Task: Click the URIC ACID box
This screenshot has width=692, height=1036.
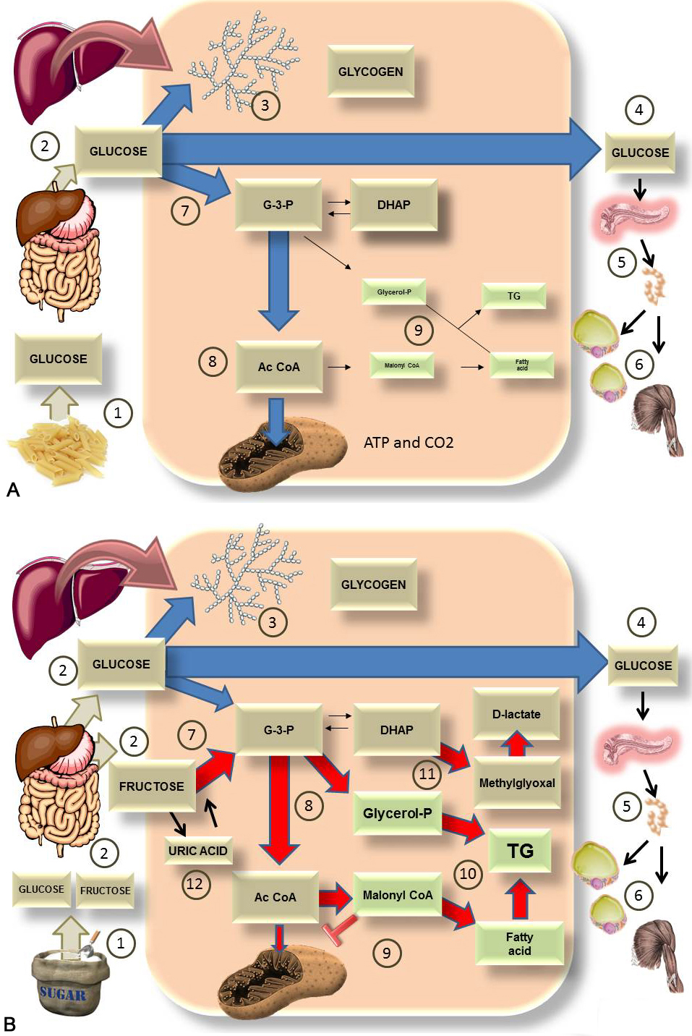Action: click(197, 851)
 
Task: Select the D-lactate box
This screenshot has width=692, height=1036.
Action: click(516, 714)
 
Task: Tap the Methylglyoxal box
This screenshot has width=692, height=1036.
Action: click(517, 783)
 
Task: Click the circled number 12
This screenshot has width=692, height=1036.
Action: click(195, 884)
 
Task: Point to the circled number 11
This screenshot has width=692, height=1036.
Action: click(427, 774)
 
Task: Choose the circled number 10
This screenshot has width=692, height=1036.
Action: click(468, 874)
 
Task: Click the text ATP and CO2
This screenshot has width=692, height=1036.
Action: click(409, 443)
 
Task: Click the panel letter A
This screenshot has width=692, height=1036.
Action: click(12, 490)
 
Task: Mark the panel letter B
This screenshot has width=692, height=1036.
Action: click(9, 1024)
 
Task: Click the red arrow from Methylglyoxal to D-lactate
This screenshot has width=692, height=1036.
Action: click(516, 744)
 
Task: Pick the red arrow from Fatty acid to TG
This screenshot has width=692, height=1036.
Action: click(520, 899)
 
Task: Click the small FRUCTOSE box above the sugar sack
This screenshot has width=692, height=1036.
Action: click(105, 891)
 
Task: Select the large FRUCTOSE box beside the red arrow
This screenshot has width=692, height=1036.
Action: click(151, 786)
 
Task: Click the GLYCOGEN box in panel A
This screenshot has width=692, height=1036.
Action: click(370, 72)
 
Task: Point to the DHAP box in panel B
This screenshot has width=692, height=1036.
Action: click(396, 730)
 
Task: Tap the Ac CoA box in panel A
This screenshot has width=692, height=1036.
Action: click(278, 367)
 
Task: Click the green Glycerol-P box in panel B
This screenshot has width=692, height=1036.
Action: click(397, 813)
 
